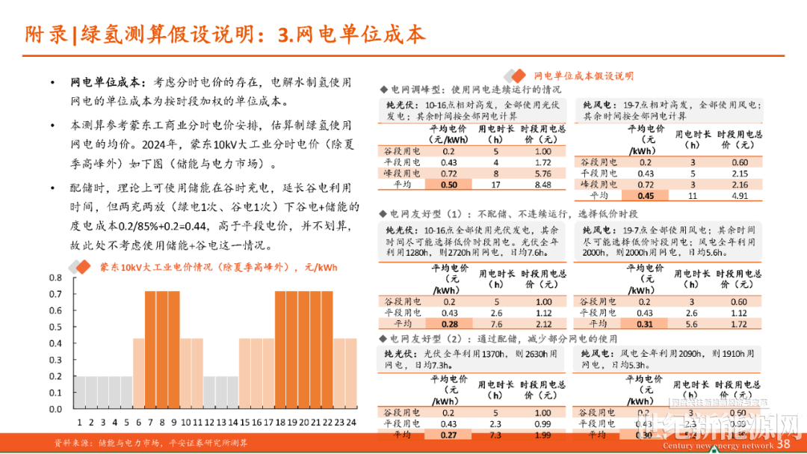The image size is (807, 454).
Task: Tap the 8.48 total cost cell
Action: coord(543,185)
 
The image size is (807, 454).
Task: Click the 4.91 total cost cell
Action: coord(739,196)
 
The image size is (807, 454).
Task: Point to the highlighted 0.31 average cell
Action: coord(644,324)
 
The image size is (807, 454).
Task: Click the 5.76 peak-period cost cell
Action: coord(543,174)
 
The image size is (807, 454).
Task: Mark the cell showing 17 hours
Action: coord(495,185)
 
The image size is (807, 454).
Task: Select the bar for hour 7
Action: coord(150,352)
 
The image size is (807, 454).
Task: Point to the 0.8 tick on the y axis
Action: coord(56,277)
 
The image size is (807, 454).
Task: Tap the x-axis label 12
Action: coord(209,422)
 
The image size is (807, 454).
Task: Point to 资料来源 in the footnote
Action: coord(72,443)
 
